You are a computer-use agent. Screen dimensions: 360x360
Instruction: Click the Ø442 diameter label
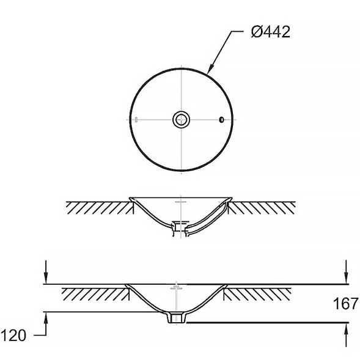[x=271, y=32]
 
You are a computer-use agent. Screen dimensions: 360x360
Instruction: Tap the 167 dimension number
[x=346, y=304]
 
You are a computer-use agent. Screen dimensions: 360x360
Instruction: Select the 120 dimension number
[x=13, y=336]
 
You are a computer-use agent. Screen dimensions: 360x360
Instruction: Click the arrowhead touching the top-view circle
[x=211, y=70]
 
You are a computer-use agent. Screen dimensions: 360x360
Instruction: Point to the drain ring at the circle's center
[x=182, y=120]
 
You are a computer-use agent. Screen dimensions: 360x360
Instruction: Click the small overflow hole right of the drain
[x=221, y=120]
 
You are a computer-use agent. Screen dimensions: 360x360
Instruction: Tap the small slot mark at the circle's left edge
[x=136, y=120]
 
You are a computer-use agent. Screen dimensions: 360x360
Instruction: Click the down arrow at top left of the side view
[x=46, y=272]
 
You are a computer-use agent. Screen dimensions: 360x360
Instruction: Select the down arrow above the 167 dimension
[x=346, y=272]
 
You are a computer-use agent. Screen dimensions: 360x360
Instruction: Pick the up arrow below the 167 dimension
[x=346, y=335]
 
